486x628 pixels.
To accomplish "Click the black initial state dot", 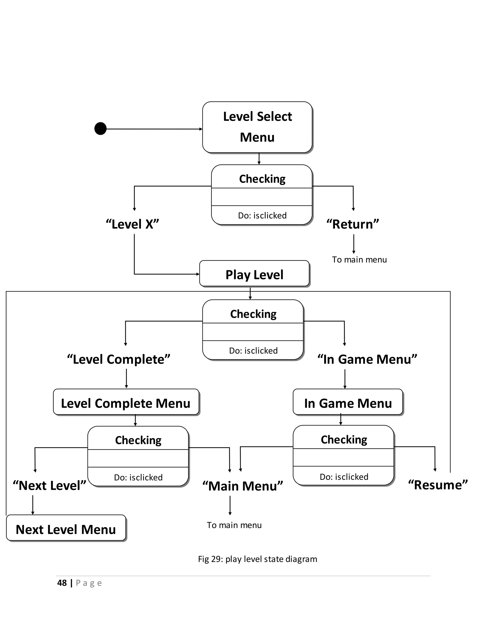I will click(100, 128).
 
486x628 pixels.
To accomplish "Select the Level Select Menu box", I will click(257, 127).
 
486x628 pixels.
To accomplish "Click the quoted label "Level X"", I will click(132, 224).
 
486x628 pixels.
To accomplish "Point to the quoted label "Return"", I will click(353, 224).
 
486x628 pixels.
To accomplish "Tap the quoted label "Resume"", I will click(438, 485).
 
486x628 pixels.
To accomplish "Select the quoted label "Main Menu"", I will click(243, 486).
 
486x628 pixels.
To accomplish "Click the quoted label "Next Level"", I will click(50, 485).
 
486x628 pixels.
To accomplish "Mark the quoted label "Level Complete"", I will click(119, 359).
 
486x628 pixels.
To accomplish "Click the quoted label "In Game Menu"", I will click(367, 359).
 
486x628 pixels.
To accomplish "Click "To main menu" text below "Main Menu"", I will click(234, 525).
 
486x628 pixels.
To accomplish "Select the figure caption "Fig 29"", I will click(257, 559).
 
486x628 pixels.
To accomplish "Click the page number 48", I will click(62, 583).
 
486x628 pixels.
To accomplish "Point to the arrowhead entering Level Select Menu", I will click(201, 129).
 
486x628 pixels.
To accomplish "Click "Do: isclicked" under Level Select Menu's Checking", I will click(262, 215).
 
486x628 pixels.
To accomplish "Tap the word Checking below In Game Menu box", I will click(344, 439).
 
